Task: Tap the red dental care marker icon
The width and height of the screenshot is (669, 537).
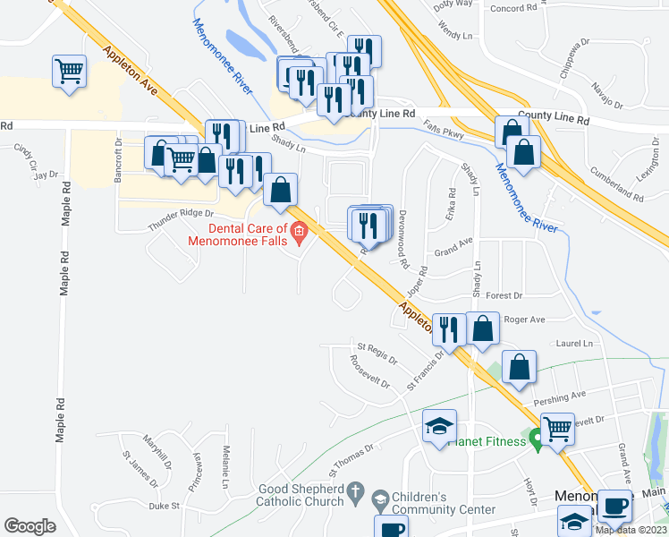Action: [300, 235]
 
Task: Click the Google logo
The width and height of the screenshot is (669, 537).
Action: [30, 525]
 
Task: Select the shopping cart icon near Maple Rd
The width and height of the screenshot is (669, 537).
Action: [69, 71]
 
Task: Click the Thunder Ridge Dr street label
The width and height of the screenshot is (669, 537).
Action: [181, 219]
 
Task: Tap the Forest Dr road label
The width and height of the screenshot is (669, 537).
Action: [504, 294]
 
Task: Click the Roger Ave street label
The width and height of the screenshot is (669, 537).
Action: [524, 319]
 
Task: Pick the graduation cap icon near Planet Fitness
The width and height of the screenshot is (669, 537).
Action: [439, 427]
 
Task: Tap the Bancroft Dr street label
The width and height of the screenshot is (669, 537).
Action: [118, 156]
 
